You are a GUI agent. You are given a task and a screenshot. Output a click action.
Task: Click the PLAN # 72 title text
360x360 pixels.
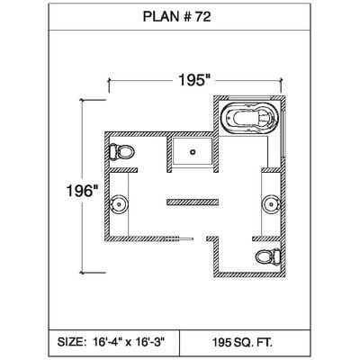176,16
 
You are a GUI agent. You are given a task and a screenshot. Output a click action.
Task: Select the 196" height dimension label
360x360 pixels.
82,191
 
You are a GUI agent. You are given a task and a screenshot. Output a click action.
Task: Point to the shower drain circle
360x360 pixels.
193,152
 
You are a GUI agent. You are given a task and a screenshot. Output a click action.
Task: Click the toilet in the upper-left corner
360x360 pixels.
121,152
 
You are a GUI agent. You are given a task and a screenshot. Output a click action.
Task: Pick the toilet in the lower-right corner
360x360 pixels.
268,256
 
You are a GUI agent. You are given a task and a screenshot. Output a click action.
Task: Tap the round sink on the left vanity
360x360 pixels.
119,204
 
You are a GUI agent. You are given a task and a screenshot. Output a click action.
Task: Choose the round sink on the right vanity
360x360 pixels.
271,204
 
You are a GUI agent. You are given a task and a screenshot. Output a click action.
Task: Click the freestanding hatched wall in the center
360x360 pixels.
193,202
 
